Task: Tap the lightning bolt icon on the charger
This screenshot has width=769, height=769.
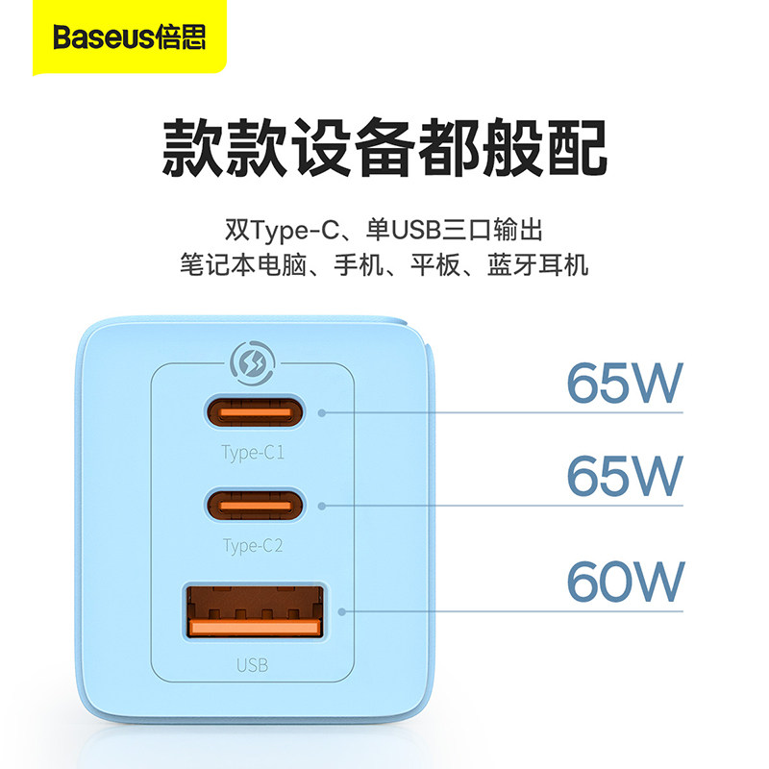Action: click(x=254, y=365)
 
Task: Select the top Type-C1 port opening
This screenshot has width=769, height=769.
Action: click(x=255, y=411)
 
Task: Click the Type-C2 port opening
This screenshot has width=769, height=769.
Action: click(x=255, y=503)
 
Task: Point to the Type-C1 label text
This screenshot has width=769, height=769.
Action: click(x=254, y=453)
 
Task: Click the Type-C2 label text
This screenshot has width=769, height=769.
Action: click(x=254, y=546)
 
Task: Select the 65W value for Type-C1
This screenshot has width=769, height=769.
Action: click(x=624, y=383)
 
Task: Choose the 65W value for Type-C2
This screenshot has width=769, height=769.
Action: click(x=624, y=475)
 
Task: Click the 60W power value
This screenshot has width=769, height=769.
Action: click(x=624, y=580)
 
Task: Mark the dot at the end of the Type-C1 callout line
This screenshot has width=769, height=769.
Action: click(x=322, y=412)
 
